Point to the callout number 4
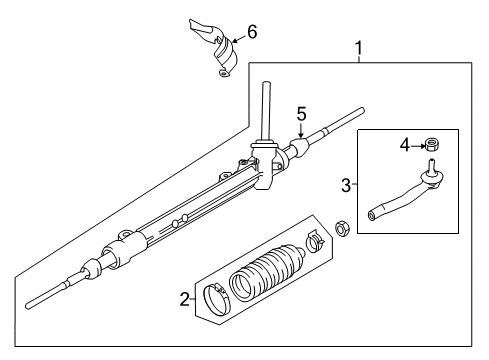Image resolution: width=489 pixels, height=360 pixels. pyautogui.click(x=405, y=146)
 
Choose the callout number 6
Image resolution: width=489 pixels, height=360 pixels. pyautogui.click(x=251, y=32)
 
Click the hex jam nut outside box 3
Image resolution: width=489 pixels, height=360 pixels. pyautogui.click(x=342, y=256)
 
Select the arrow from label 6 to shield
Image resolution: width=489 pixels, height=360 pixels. pyautogui.click(x=238, y=37)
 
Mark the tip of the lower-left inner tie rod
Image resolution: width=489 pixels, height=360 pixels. pyautogui.click(x=30, y=301)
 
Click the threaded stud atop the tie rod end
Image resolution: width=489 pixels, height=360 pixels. pyautogui.click(x=432, y=164)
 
